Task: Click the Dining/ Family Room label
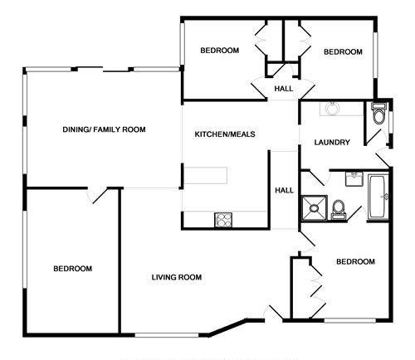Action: (x=104, y=129)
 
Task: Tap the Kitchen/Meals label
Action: (x=225, y=134)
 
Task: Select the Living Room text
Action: (x=177, y=277)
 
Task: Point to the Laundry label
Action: (x=332, y=142)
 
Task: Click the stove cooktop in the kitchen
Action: (x=223, y=220)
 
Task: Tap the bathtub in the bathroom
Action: (x=378, y=197)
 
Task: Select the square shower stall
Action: (x=315, y=208)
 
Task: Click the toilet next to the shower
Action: (x=339, y=210)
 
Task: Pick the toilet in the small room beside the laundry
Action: (x=378, y=114)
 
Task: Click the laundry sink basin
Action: (x=332, y=108)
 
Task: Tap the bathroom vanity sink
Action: (x=354, y=178)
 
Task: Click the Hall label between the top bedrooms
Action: (x=284, y=89)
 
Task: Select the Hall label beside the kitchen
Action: (x=284, y=190)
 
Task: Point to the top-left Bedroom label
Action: (x=220, y=51)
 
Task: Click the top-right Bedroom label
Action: (x=343, y=51)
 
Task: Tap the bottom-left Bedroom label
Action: (x=73, y=269)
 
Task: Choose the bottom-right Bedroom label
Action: (x=355, y=261)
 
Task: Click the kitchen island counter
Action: (x=205, y=176)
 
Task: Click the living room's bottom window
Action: (x=167, y=335)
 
